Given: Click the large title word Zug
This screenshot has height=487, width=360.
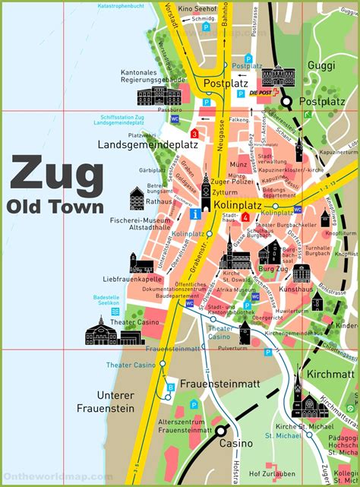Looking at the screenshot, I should pyautogui.click(x=56, y=176).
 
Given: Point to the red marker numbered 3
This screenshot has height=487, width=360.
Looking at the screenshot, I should pyautogui.click(x=194, y=134).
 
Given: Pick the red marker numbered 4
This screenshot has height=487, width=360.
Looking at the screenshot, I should pyautogui.click(x=245, y=217).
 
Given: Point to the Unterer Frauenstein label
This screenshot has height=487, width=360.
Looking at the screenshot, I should pyautogui.click(x=116, y=402).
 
